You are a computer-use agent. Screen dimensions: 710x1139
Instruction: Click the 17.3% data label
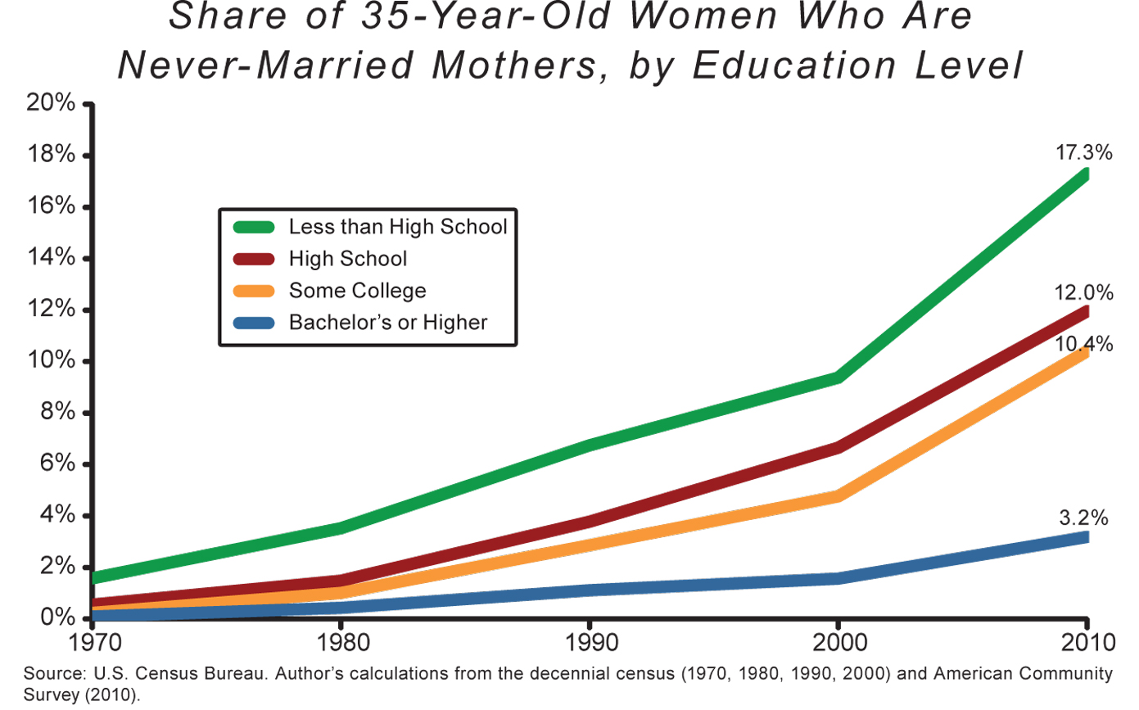pos(1084,152)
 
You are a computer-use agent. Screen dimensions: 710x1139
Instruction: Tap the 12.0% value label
pos(1084,292)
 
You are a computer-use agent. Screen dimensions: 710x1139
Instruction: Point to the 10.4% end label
pos(1084,345)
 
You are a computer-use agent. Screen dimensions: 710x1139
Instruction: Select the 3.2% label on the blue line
pos(1083,518)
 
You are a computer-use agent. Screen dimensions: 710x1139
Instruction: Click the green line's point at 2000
pos(838,377)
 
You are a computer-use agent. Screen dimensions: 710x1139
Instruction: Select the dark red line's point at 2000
pos(838,446)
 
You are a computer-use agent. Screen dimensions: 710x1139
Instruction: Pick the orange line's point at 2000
pos(838,495)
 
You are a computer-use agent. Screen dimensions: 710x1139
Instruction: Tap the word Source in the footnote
pos(48,674)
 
